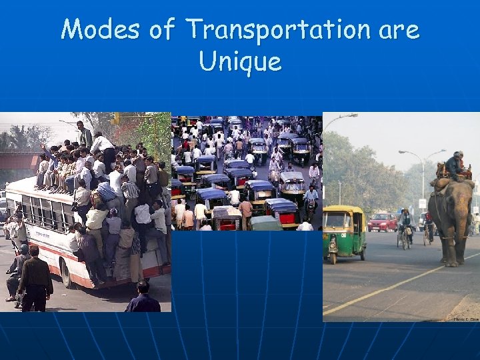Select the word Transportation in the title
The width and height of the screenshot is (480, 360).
coord(277,30)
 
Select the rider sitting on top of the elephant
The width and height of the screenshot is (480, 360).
coord(455,165)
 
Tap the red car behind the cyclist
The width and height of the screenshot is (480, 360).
coord(383,221)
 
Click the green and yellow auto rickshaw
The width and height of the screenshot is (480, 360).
coord(344,233)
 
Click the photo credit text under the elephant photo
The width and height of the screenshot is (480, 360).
coord(466,319)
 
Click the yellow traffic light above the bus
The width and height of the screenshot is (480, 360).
coord(115,119)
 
